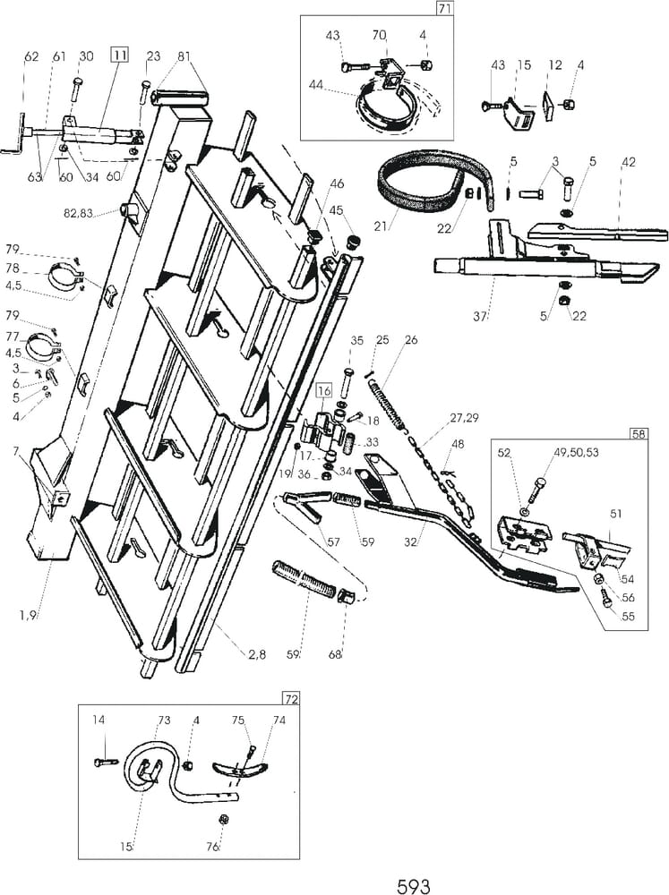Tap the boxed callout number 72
290,698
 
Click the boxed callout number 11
118,55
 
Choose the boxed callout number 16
322,391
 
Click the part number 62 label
31,56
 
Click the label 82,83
93,211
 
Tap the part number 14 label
99,720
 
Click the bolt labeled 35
347,368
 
